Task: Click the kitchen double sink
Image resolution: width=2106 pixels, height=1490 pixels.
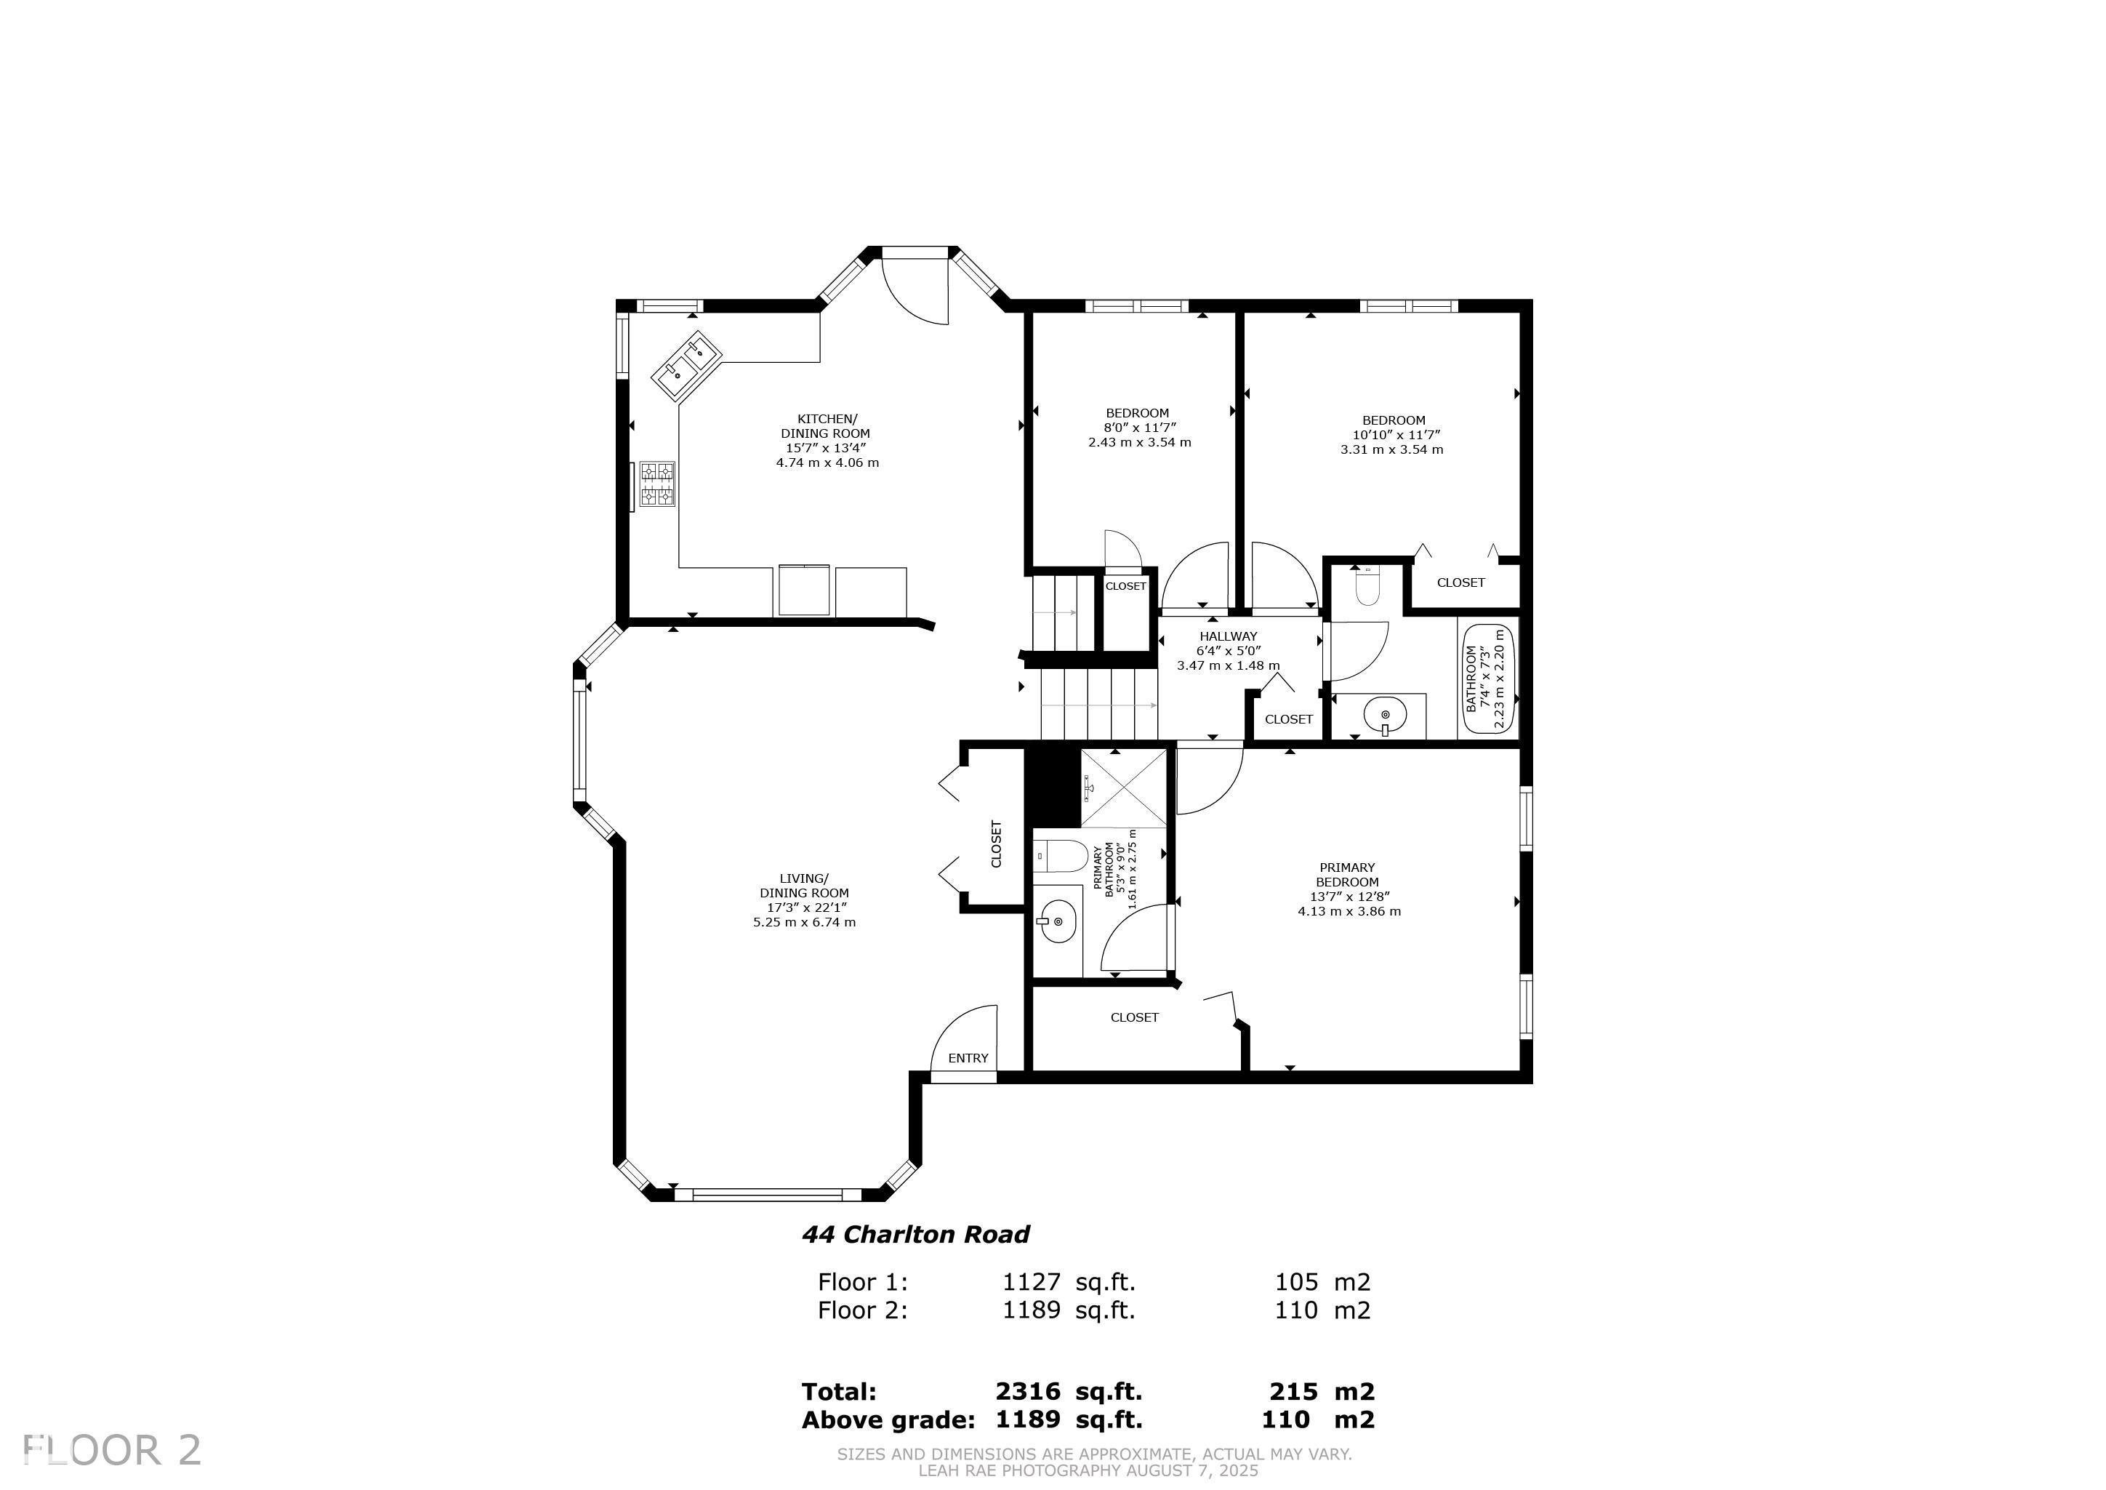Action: click(x=688, y=365)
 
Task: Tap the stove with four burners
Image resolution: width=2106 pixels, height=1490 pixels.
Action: click(x=658, y=484)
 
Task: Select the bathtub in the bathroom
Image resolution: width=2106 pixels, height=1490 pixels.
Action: click(x=1488, y=679)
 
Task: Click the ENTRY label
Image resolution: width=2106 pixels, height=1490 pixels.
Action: click(x=968, y=1058)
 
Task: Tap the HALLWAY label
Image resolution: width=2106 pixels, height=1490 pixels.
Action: click(x=1228, y=636)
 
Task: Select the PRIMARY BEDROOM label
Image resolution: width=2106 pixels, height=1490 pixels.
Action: click(x=1348, y=874)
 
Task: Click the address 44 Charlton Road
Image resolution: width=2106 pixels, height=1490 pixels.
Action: click(x=915, y=1234)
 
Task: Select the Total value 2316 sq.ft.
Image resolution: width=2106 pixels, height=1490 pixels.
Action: click(x=1069, y=1392)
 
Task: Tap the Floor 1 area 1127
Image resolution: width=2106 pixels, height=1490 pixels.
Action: click(x=1032, y=1282)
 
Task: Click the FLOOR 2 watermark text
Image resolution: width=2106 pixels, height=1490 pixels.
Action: click(x=112, y=1451)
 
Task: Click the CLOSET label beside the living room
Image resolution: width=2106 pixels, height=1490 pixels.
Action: click(x=997, y=844)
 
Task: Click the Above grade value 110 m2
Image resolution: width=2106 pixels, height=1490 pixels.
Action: click(x=1318, y=1419)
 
